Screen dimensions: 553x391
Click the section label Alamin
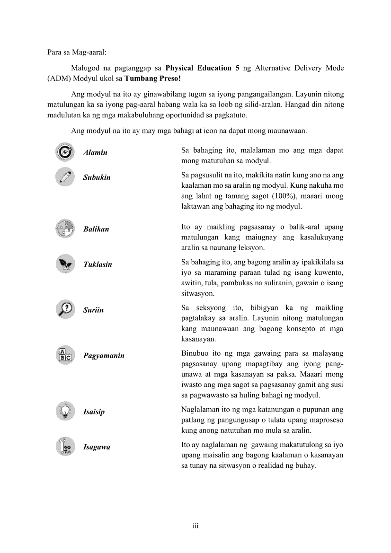(x=95, y=153)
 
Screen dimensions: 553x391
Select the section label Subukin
(x=97, y=177)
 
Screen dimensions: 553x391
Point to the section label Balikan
(x=96, y=229)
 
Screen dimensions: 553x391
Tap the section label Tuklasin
(x=98, y=264)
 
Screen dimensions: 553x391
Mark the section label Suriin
(x=93, y=310)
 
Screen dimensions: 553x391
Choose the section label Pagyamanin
(x=104, y=355)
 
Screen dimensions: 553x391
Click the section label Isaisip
(x=94, y=412)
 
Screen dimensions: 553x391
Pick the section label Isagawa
(x=97, y=447)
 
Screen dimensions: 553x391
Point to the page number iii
(x=195, y=526)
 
